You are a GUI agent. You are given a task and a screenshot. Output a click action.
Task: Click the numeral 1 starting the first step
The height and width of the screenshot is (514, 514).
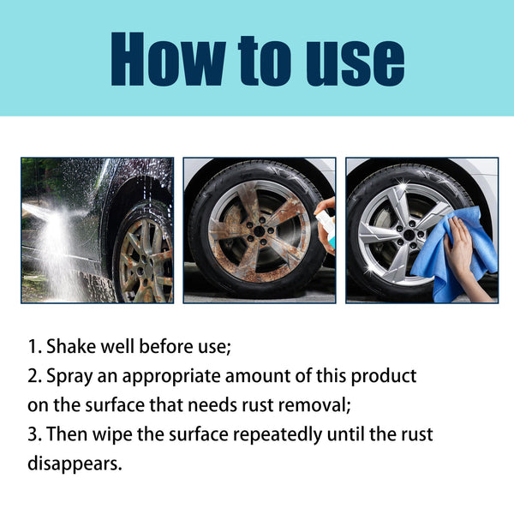coord(31,347)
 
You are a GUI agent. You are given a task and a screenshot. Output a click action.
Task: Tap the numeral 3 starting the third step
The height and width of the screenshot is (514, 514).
coord(31,434)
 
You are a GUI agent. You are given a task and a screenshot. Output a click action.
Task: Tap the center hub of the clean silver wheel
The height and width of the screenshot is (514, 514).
coord(411,234)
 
